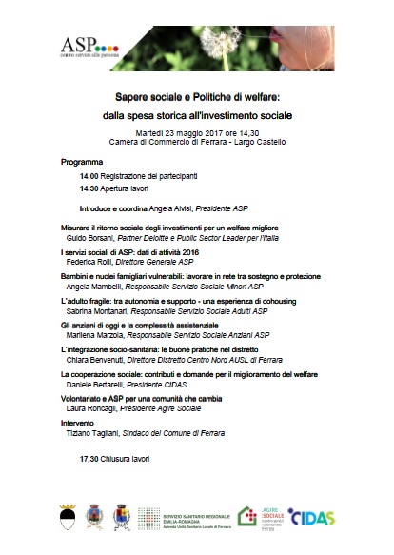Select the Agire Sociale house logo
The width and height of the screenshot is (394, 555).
click(x=246, y=516)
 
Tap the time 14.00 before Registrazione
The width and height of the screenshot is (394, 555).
click(x=92, y=176)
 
